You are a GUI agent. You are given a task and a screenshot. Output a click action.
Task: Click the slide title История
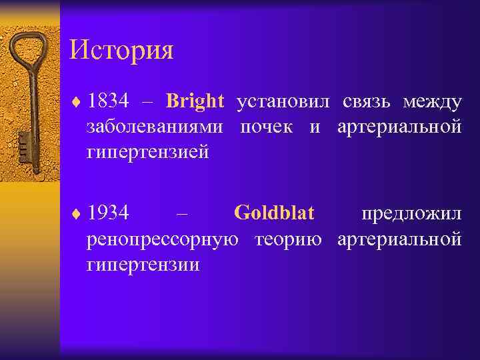click(x=121, y=51)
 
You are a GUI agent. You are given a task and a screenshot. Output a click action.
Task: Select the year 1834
click(x=109, y=102)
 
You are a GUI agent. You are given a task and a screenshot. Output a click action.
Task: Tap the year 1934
click(x=109, y=214)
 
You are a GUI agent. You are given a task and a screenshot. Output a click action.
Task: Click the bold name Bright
click(x=195, y=102)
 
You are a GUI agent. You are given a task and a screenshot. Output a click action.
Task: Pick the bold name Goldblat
click(x=275, y=214)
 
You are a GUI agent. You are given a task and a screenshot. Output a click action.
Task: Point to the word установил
click(x=284, y=102)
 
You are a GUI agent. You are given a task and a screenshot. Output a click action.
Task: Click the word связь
click(x=368, y=102)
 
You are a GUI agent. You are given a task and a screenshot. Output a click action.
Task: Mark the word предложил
click(x=411, y=214)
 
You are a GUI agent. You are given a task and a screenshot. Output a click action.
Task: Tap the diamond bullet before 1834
click(x=77, y=103)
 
